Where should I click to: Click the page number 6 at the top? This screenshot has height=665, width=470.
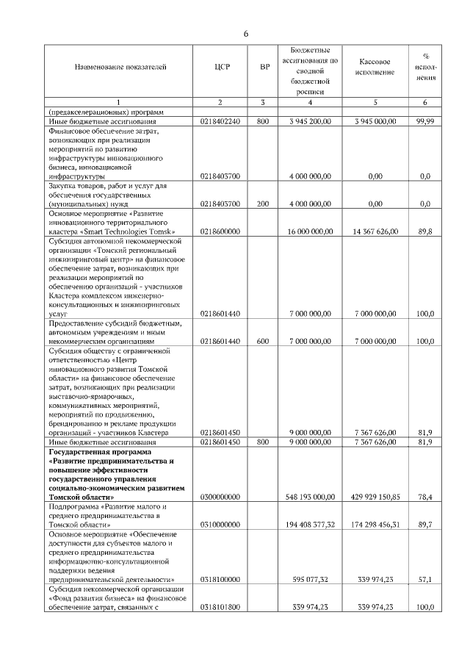246,34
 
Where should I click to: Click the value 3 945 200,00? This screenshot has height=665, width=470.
309,121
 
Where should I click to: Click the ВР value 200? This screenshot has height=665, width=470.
263,204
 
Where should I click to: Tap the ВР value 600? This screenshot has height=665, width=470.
263,342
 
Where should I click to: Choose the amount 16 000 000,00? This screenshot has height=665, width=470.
308,231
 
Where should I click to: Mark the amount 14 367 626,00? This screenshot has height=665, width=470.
375,231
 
